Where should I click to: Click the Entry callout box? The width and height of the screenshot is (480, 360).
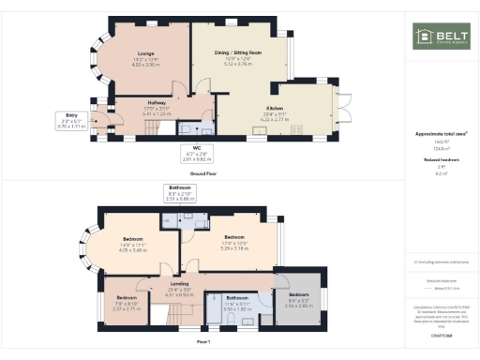(71, 120)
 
